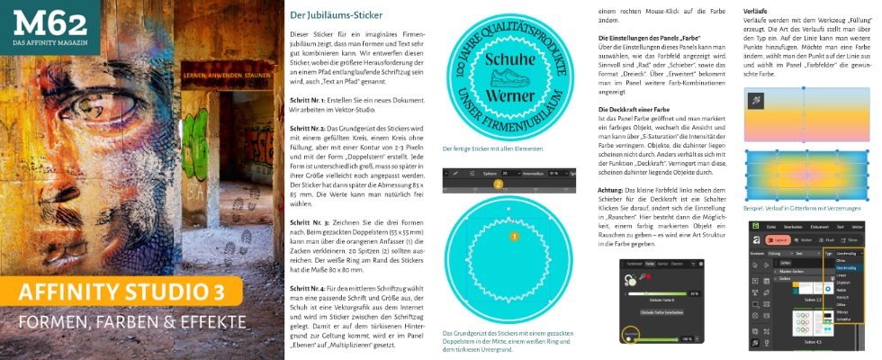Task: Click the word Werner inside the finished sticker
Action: (x=510, y=96)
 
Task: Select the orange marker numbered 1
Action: (x=515, y=237)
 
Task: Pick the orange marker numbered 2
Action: (x=497, y=184)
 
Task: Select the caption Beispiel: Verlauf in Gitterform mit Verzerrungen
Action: (x=802, y=208)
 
